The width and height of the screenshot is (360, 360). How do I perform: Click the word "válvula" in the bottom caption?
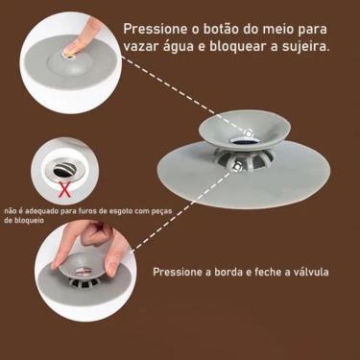point(307,272)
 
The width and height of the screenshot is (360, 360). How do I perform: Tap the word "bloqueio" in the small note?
point(24,220)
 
